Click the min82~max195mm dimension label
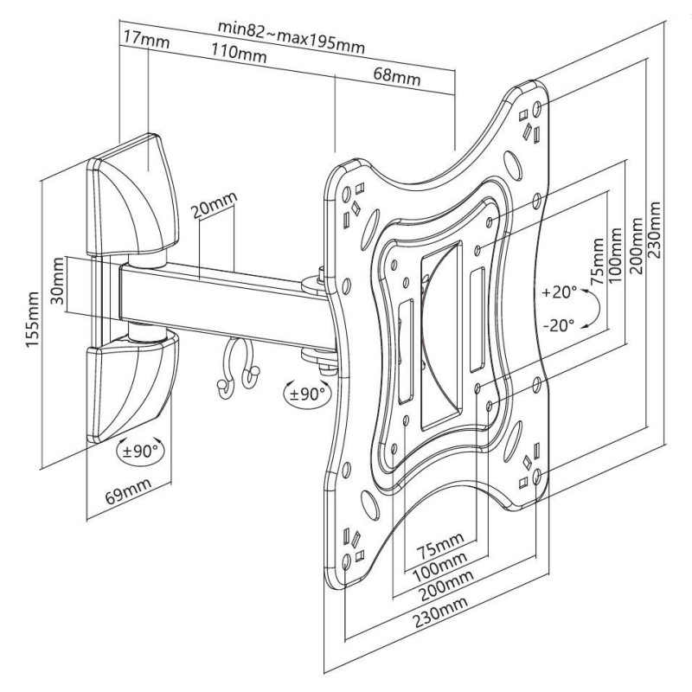click(292, 37)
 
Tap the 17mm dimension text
click(146, 39)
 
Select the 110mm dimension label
click(239, 53)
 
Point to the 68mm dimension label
click(397, 76)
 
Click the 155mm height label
click(33, 319)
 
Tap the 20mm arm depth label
click(214, 205)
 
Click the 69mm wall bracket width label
click(128, 491)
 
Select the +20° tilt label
click(560, 292)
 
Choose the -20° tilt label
click(559, 326)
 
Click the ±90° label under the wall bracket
click(140, 451)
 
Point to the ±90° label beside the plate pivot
click(307, 394)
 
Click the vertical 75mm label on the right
click(597, 262)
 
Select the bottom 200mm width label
click(446, 586)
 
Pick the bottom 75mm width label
click(440, 545)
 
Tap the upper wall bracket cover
click(132, 195)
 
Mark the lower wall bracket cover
click(132, 388)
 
